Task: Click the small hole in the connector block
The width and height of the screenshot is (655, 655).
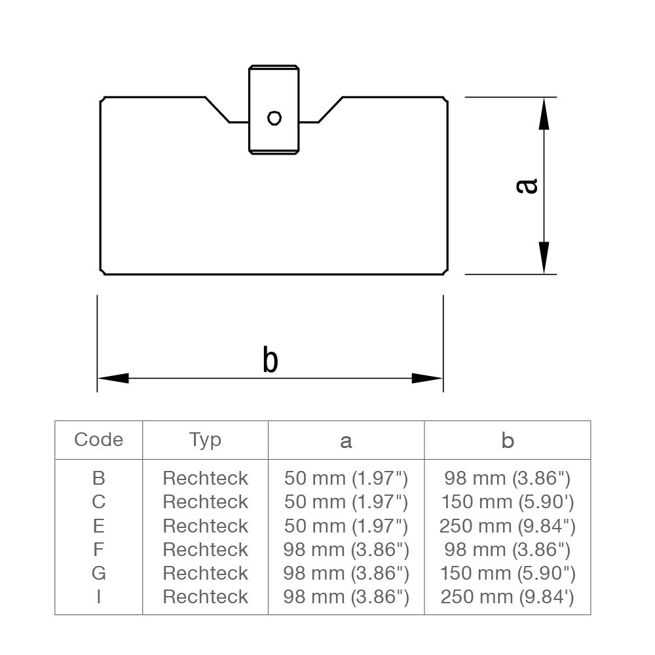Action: pyautogui.click(x=274, y=118)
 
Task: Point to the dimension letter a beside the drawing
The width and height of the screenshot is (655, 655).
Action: pyautogui.click(x=527, y=186)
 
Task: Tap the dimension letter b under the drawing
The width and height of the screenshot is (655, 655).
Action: pyautogui.click(x=270, y=360)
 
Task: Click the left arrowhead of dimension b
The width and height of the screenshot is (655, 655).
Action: pyautogui.click(x=113, y=378)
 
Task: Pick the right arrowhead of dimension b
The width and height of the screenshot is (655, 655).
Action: pyautogui.click(x=427, y=378)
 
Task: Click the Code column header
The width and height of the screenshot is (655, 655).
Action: pyautogui.click(x=98, y=440)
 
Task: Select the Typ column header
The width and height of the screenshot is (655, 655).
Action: pyautogui.click(x=205, y=440)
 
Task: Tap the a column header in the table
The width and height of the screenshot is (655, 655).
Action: pyautogui.click(x=346, y=441)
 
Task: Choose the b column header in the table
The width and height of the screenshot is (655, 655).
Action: pyautogui.click(x=508, y=441)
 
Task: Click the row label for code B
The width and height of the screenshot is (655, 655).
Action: pyautogui.click(x=98, y=478)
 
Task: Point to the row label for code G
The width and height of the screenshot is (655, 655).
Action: pyautogui.click(x=98, y=573)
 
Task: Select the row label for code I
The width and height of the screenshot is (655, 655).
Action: pyautogui.click(x=98, y=597)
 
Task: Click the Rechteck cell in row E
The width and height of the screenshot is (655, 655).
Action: pyautogui.click(x=205, y=526)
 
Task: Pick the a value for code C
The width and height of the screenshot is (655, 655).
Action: pyautogui.click(x=346, y=502)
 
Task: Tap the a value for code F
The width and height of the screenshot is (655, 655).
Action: pyautogui.click(x=346, y=550)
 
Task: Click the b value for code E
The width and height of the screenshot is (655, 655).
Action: pyautogui.click(x=508, y=526)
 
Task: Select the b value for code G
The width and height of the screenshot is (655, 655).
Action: pyautogui.click(x=508, y=573)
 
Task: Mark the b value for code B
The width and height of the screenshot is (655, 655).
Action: pyautogui.click(x=508, y=478)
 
